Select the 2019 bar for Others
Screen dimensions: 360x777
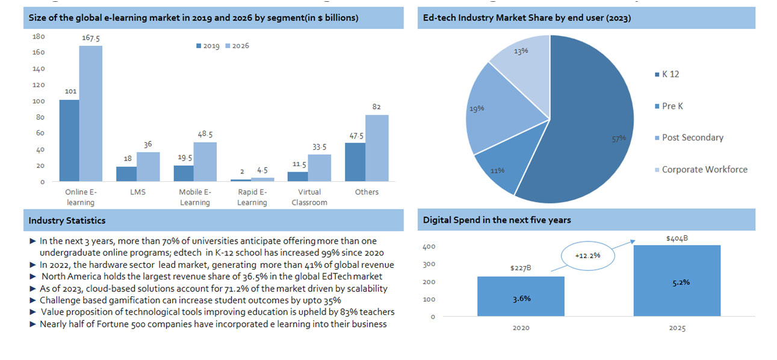tap(355, 162)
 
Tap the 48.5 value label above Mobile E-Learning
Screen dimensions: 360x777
tap(205, 134)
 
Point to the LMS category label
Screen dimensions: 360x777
tap(138, 192)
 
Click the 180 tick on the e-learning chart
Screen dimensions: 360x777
tap(39, 36)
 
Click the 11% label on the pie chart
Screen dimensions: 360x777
tap(497, 170)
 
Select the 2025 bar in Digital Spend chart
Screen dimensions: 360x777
tap(677, 281)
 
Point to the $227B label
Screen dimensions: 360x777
tap(521, 268)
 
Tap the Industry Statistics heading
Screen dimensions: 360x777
tap(67, 221)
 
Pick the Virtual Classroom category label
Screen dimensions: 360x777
tap(309, 197)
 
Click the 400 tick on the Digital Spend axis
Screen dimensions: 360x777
tap(429, 247)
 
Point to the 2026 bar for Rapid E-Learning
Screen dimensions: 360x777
tap(262, 179)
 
